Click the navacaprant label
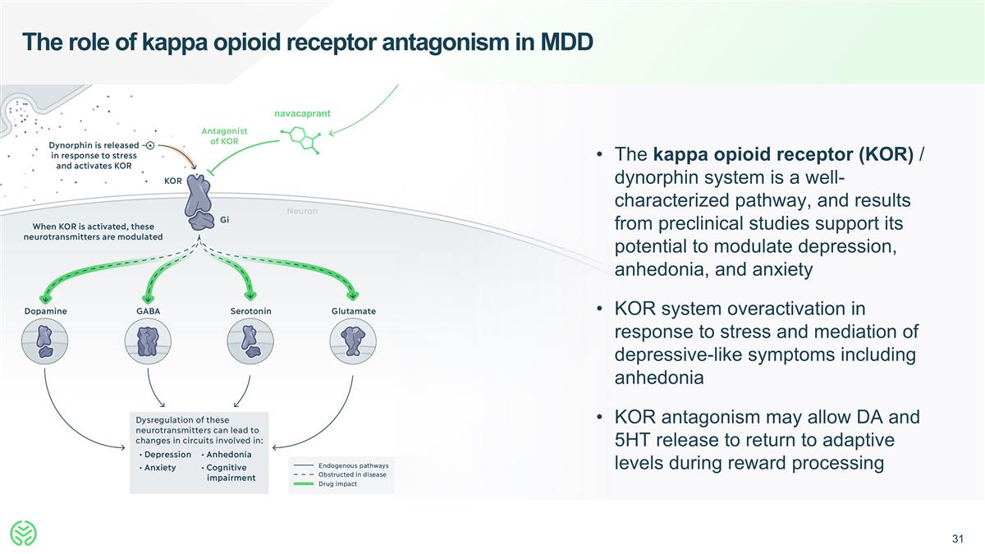click(x=301, y=113)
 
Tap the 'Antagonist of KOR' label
click(x=224, y=135)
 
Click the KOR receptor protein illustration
click(x=199, y=201)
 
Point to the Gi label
click(x=223, y=219)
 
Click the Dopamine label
click(x=46, y=311)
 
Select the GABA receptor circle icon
click(x=148, y=341)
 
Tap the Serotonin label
click(x=251, y=311)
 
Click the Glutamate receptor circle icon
click(x=353, y=341)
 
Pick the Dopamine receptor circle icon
click(x=45, y=341)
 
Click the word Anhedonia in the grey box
click(x=228, y=455)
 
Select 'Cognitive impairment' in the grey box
click(x=230, y=473)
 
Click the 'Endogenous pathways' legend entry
click(x=353, y=465)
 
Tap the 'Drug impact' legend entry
click(x=337, y=483)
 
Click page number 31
click(x=956, y=539)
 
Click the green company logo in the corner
click(x=25, y=534)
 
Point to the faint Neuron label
click(x=302, y=212)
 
